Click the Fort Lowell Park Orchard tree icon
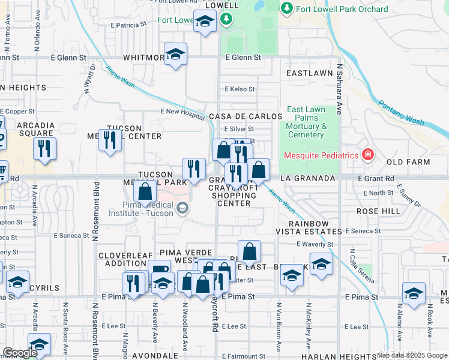287,8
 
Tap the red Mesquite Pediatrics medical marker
367,155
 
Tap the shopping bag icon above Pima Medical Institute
145,193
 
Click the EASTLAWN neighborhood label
309,73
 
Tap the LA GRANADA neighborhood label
307,179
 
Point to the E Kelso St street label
240,89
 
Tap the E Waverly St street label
315,244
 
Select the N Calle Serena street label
352,266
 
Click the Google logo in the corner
19,353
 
